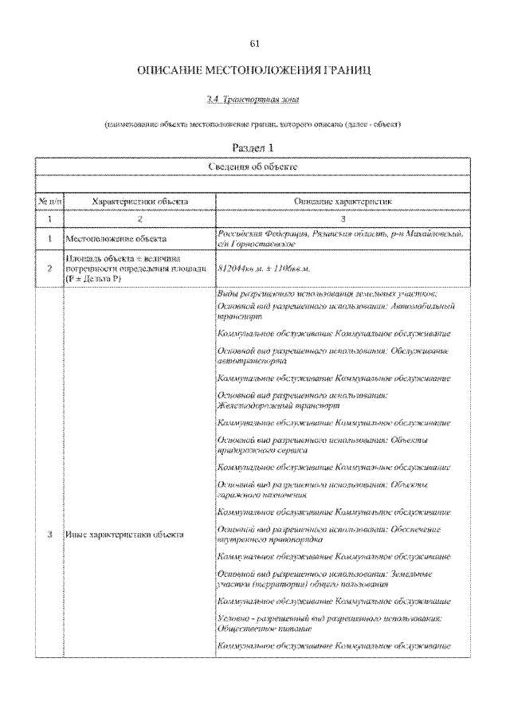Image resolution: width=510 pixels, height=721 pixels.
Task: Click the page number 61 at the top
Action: pyautogui.click(x=254, y=43)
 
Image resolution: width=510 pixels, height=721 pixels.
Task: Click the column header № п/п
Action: pyautogui.click(x=49, y=202)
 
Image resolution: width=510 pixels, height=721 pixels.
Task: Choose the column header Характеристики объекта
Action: pyautogui.click(x=139, y=202)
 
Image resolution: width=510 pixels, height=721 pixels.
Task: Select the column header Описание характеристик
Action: pyautogui.click(x=343, y=202)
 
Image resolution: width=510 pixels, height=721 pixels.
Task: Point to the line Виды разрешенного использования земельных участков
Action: pyautogui.click(x=328, y=295)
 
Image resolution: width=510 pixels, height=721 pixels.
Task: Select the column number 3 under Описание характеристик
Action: pyautogui.click(x=343, y=217)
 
